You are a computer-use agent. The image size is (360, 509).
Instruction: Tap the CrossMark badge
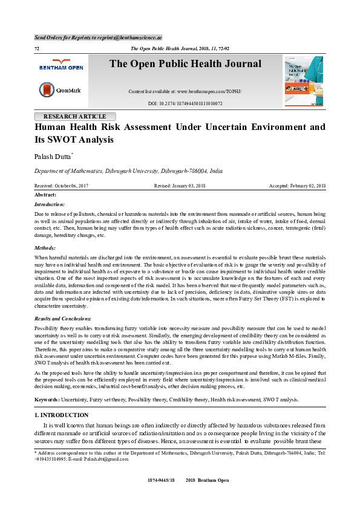[59, 90]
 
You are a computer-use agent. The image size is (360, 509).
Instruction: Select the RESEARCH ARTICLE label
[75, 117]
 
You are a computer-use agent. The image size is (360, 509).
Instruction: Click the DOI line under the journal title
[185, 103]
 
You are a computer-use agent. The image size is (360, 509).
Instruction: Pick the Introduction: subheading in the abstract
[51, 205]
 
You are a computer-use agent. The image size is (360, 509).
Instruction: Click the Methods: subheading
[45, 248]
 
